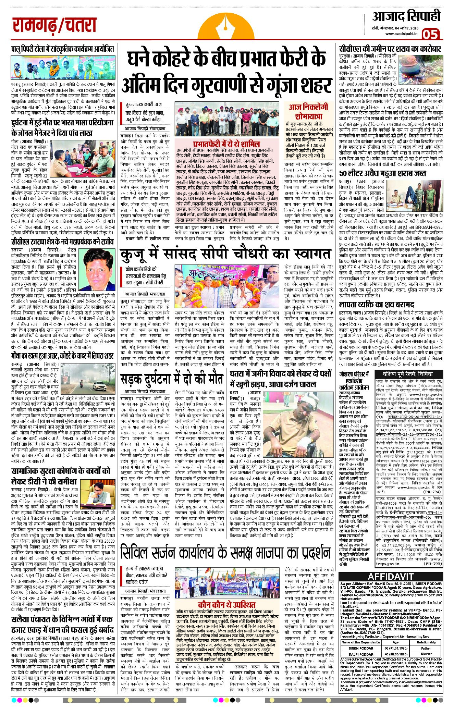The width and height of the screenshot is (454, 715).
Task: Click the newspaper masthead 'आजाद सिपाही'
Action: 406,16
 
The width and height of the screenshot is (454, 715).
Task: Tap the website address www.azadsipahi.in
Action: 401,34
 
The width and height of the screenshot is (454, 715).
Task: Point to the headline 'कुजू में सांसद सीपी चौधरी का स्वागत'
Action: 226,254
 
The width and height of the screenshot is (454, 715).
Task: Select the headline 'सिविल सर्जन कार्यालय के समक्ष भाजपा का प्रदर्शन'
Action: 226,553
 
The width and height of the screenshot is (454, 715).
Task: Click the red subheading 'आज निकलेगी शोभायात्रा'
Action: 308,111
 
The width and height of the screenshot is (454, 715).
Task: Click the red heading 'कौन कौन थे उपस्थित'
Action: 227,604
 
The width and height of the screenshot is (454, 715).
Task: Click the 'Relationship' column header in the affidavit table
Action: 426,642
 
